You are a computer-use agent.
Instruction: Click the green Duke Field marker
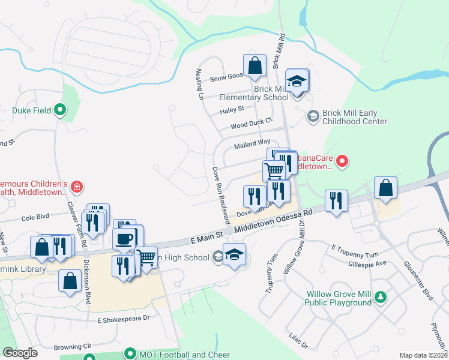click(59, 110)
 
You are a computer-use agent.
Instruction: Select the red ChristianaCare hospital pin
click(342, 160)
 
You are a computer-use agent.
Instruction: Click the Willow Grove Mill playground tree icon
click(379, 297)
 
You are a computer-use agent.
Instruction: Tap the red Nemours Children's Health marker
click(76, 187)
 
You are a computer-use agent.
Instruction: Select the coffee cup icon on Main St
click(124, 238)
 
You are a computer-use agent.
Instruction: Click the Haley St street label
click(232, 110)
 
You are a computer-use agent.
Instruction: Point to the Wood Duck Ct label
click(247, 126)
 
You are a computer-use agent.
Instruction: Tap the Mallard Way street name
click(252, 143)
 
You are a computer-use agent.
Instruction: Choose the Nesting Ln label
click(201, 84)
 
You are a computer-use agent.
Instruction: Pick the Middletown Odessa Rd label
click(274, 222)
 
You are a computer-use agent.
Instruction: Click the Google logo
click(20, 353)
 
